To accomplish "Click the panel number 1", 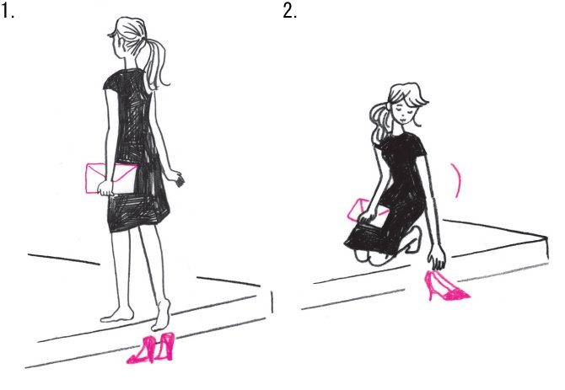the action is pyautogui.click(x=8, y=12).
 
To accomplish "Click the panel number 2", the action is pyautogui.click(x=290, y=12).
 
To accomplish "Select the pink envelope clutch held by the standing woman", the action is pyautogui.click(x=111, y=179).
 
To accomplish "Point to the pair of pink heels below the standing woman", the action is pyautogui.click(x=152, y=348).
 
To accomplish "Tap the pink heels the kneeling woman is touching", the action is pyautogui.click(x=446, y=286).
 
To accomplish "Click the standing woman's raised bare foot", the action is pyautogui.click(x=161, y=316).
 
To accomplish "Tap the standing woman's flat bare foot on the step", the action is pyautogui.click(x=117, y=316).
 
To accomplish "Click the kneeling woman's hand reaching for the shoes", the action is pyautogui.click(x=438, y=259).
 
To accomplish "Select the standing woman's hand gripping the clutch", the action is pyautogui.click(x=106, y=188).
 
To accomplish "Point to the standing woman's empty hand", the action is pyautogui.click(x=177, y=178).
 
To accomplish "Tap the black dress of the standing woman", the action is pyautogui.click(x=135, y=151).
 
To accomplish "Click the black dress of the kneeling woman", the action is pyautogui.click(x=393, y=195).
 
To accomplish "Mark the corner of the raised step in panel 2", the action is pyautogui.click(x=546, y=238).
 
